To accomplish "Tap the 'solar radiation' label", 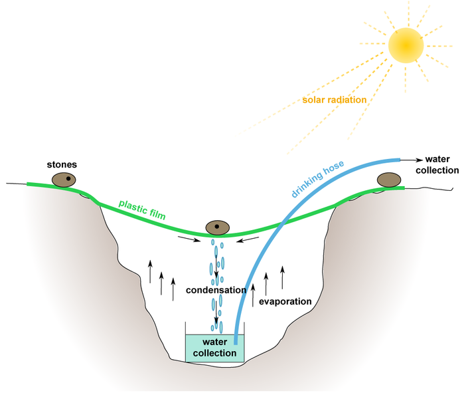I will point(334,100).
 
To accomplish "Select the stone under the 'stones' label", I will point(64,180).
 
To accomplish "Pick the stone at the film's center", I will point(217,228).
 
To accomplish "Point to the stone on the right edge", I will point(388,180).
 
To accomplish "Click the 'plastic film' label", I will point(141,207).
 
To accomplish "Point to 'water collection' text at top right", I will point(441,164).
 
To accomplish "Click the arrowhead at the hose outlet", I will point(420,160).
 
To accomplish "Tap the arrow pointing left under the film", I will point(248,239).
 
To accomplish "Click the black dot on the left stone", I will point(68,178).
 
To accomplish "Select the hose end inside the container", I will point(236,339).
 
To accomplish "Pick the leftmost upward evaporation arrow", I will point(150,271).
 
